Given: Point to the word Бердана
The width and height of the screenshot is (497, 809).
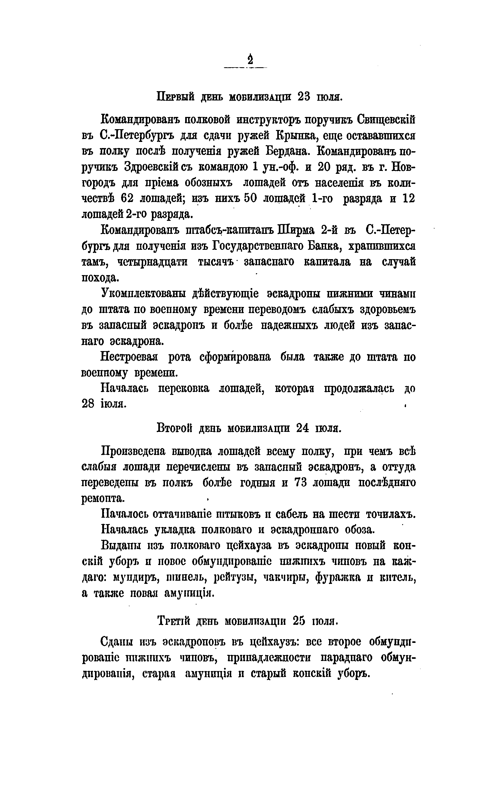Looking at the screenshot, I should pyautogui.click(x=287, y=151).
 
